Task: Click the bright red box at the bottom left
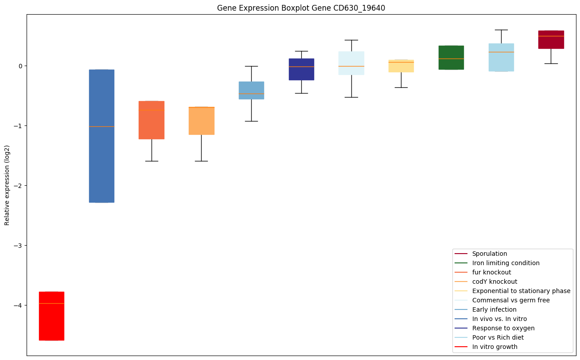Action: click(x=51, y=316)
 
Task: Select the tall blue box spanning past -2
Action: click(x=101, y=136)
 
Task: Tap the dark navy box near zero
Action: click(x=301, y=69)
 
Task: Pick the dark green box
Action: click(x=451, y=58)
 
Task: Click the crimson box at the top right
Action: click(x=551, y=39)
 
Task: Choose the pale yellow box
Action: click(x=401, y=66)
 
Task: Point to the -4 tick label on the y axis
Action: click(x=18, y=305)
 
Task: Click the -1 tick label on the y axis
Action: click(x=18, y=126)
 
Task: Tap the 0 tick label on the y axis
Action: click(x=20, y=66)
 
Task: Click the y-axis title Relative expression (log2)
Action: click(x=7, y=185)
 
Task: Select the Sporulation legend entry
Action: click(x=489, y=254)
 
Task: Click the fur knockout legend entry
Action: click(x=491, y=272)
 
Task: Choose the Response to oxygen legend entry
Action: click(x=503, y=328)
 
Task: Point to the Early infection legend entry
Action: click(x=494, y=309)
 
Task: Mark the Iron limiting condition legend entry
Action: click(x=506, y=263)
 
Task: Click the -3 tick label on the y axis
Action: click(x=18, y=246)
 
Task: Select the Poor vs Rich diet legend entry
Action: click(x=498, y=337)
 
